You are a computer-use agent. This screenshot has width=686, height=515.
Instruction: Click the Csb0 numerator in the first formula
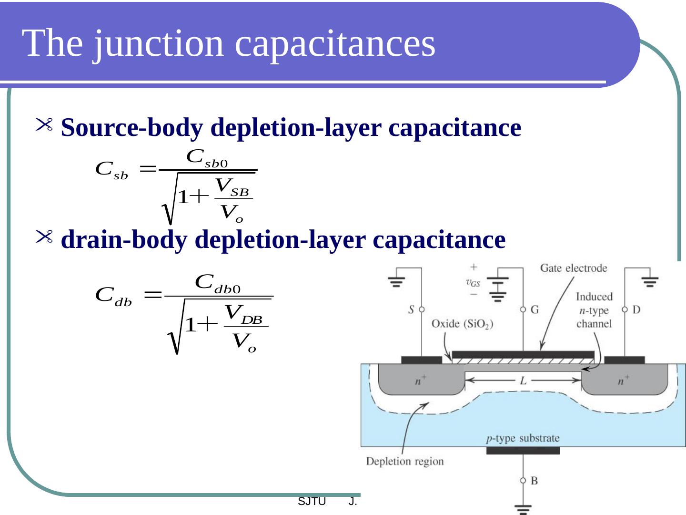pos(208,158)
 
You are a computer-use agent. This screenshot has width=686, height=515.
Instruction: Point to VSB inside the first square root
pos(233,187)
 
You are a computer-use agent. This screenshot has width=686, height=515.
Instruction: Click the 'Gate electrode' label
pos(573,268)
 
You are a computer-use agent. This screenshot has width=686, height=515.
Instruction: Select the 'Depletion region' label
pos(404,461)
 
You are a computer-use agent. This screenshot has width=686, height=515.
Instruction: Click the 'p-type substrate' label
pos(523,438)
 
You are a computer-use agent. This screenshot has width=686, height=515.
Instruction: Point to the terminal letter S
pos(411,310)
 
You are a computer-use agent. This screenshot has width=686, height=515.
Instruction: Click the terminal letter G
pos(535,310)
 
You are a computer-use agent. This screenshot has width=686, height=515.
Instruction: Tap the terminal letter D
pos(636,310)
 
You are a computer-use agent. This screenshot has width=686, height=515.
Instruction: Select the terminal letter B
pos(534,481)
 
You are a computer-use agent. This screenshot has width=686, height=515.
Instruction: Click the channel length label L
pos(523,381)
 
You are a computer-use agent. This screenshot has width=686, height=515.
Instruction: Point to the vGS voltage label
pos(473,282)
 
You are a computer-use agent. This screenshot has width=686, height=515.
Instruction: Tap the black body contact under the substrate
pos(523,451)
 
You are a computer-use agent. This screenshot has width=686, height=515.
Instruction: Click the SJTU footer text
pos(312,502)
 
